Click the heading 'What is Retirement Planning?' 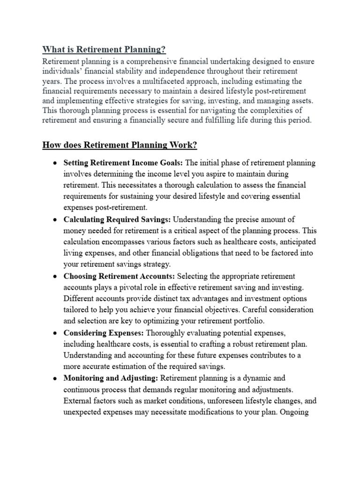tap(104, 49)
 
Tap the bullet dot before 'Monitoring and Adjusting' tap(55, 378)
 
